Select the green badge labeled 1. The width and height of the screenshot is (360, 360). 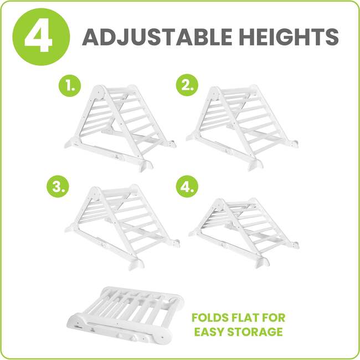71,86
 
